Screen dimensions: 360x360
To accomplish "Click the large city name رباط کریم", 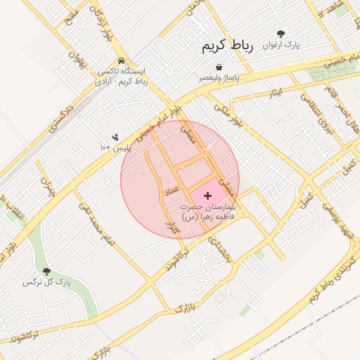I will pyautogui.click(x=226, y=46).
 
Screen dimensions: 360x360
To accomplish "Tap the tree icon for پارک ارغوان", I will pyautogui.click(x=281, y=33).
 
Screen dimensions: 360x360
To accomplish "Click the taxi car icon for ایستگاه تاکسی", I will pyautogui.click(x=123, y=60).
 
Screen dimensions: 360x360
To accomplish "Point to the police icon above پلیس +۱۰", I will pyautogui.click(x=115, y=136).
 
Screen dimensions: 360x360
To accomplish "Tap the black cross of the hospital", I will pyautogui.click(x=207, y=194).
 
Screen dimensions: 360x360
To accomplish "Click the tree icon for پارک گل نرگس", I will pyautogui.click(x=47, y=271).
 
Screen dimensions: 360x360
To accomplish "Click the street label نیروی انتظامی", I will pyautogui.click(x=317, y=114).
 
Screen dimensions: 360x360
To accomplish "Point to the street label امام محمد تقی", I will pyautogui.click(x=96, y=226).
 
